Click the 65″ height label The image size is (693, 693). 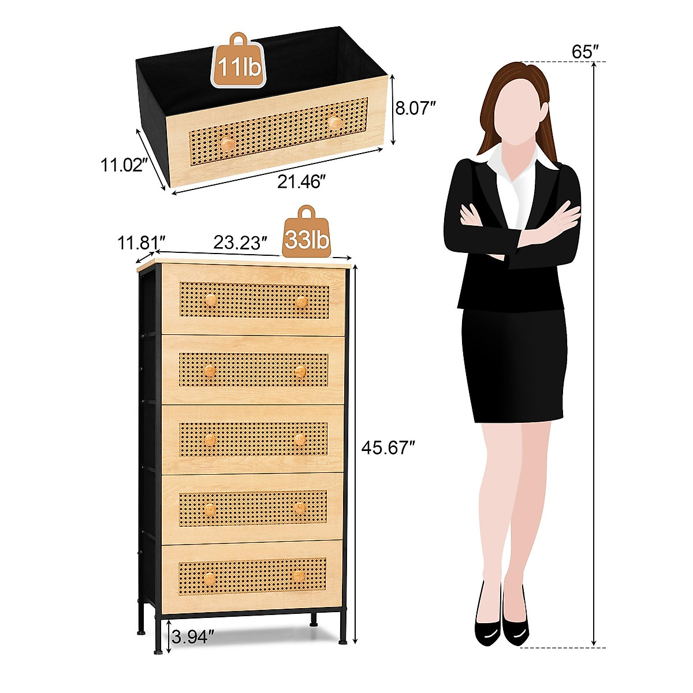tap(584, 51)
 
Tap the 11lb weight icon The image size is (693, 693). tap(239, 61)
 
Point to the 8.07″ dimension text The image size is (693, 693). tap(415, 108)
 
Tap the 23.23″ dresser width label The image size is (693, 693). tap(240, 243)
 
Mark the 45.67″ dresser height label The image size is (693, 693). tap(388, 448)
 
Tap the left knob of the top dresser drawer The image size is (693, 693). tap(211, 300)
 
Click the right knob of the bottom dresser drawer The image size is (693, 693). tap(299, 576)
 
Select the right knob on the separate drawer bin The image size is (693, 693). tap(334, 123)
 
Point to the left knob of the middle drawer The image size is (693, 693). tap(210, 440)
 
